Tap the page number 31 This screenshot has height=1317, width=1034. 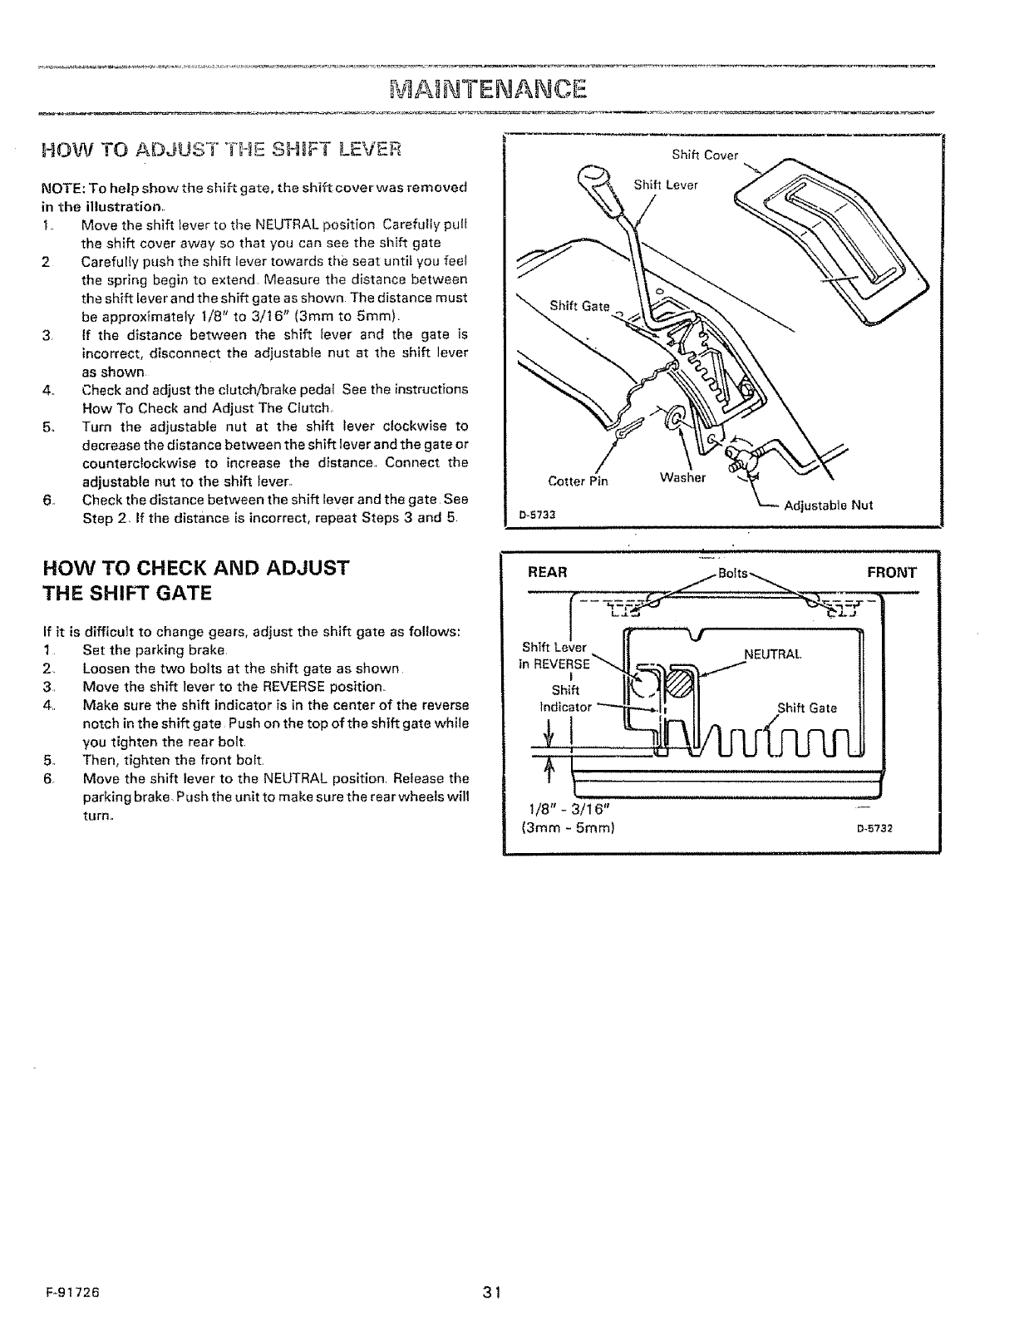pyautogui.click(x=490, y=1292)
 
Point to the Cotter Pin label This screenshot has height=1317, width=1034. pyautogui.click(x=579, y=481)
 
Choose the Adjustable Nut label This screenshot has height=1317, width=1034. pyautogui.click(x=829, y=505)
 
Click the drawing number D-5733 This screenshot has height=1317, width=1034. pyautogui.click(x=535, y=513)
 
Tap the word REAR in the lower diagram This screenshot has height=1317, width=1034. pyautogui.click(x=547, y=572)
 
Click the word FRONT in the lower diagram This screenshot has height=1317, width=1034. pyautogui.click(x=891, y=572)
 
